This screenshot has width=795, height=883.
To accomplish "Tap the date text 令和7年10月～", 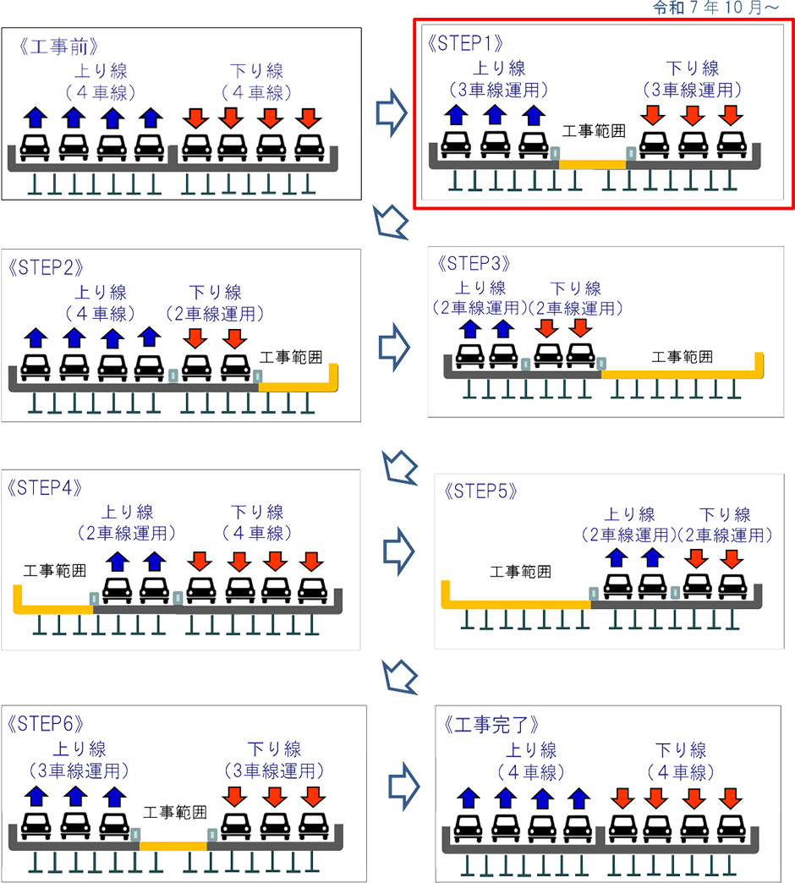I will [724, 8].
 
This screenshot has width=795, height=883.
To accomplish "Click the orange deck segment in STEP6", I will [173, 845].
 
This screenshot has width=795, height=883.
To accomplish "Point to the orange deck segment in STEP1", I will [592, 163].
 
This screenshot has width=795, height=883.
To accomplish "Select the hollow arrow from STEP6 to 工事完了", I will [399, 783].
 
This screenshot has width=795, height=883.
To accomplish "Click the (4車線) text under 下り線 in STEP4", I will [256, 534].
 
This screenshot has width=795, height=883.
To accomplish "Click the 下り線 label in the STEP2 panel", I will [216, 293].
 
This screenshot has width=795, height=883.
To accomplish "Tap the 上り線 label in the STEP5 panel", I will [629, 514].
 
